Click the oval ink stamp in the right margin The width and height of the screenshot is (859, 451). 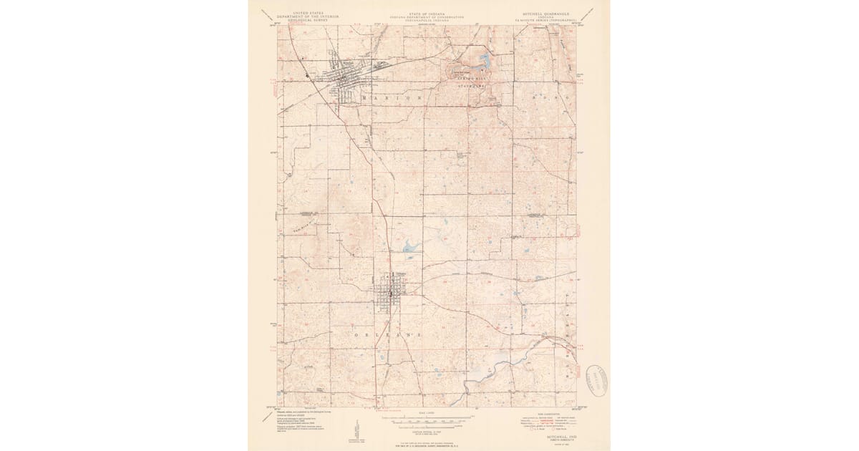coord(596,380)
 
